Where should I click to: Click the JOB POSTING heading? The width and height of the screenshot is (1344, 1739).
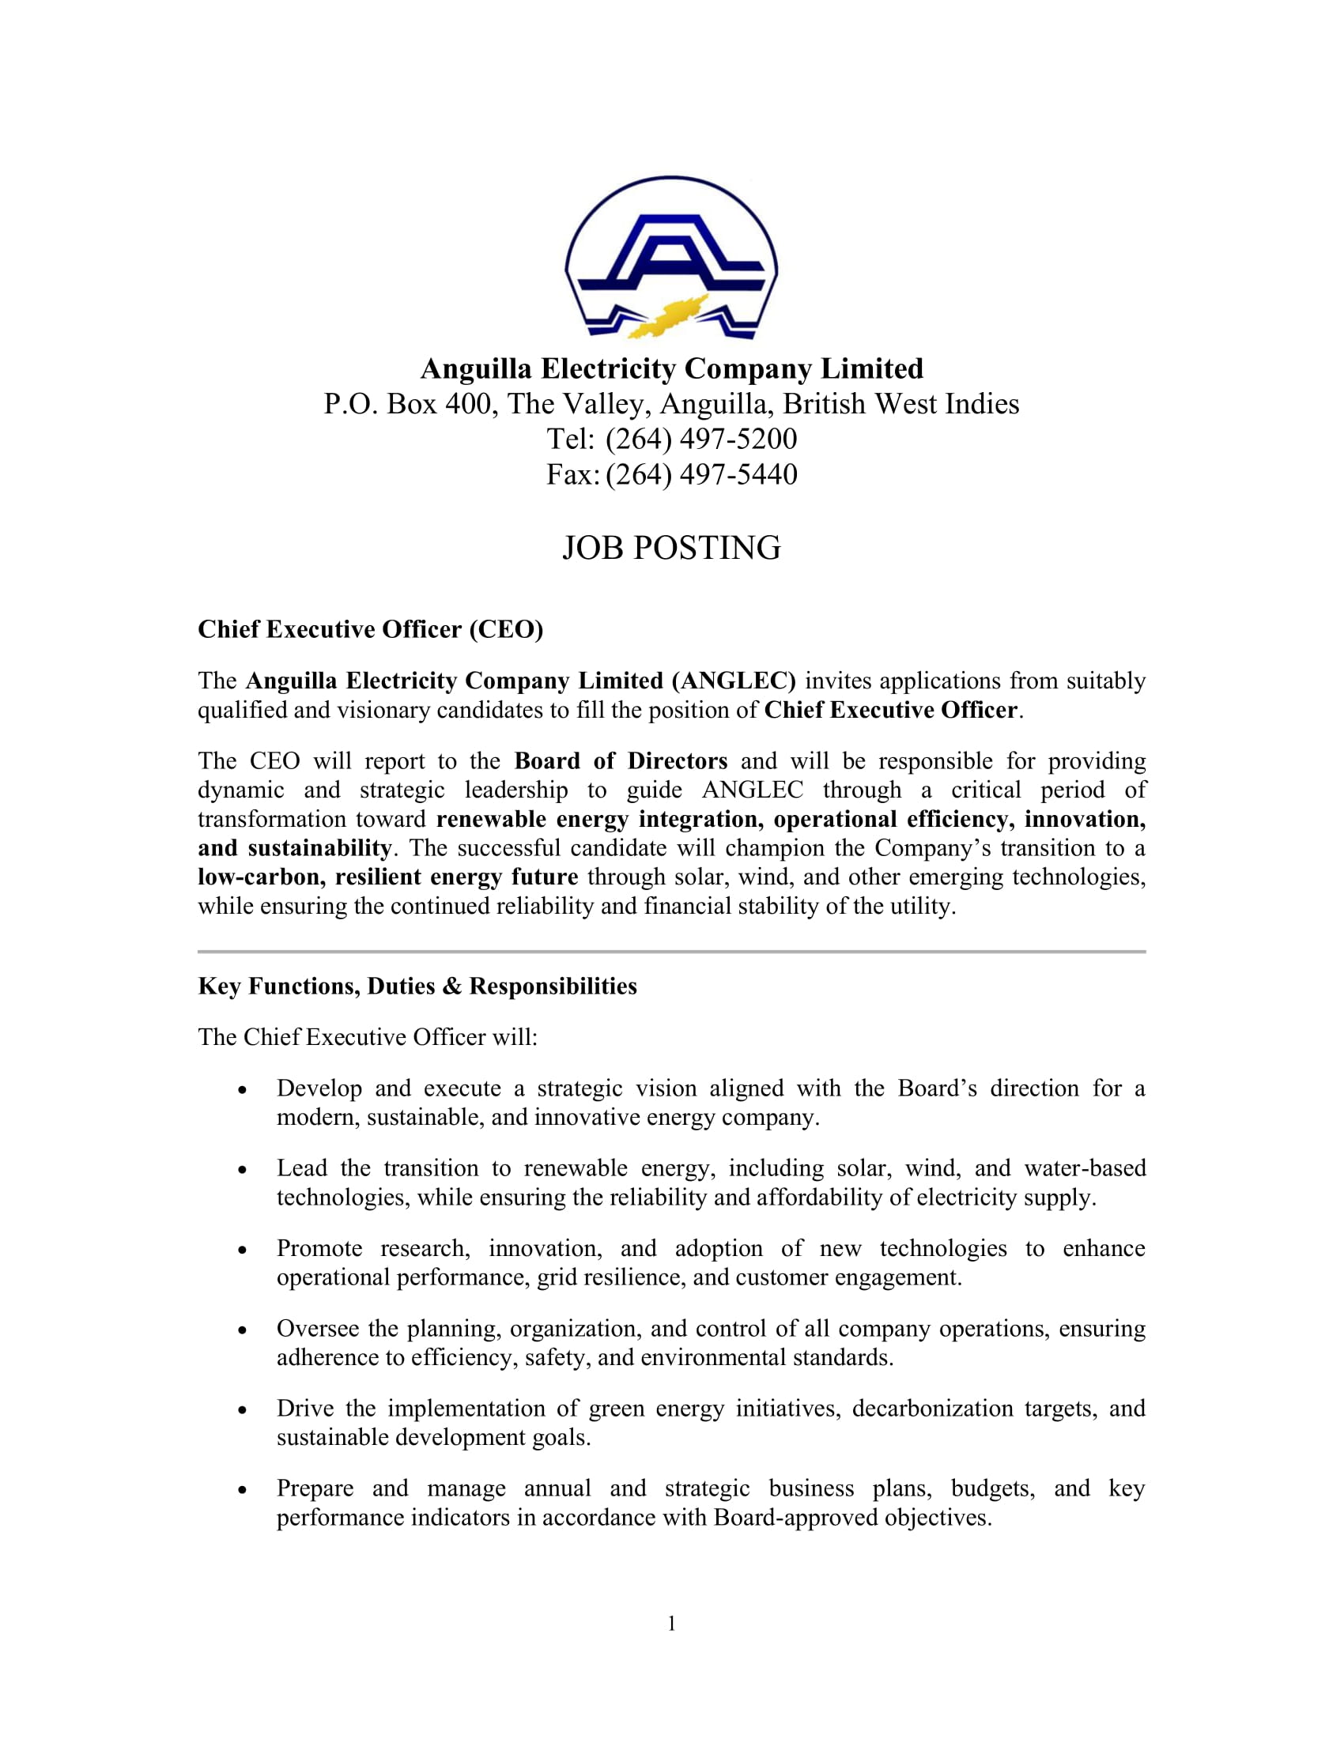tap(671, 548)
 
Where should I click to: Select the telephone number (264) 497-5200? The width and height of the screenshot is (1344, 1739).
tap(700, 439)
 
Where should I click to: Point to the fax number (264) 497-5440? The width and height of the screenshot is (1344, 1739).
tap(700, 474)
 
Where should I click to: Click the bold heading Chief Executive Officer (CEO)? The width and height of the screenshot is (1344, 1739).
tap(370, 630)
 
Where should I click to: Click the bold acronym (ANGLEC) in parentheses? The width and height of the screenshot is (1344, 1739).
tap(734, 681)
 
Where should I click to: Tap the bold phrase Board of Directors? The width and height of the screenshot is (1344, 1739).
tap(621, 761)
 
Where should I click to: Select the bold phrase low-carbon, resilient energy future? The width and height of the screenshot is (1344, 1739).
tap(387, 877)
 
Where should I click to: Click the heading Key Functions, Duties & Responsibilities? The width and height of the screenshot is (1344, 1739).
tap(417, 986)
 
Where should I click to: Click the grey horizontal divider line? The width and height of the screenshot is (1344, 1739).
tap(671, 952)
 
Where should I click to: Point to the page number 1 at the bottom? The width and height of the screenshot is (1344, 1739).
tap(671, 1624)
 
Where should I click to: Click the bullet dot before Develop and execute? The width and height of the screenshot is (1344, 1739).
tap(242, 1090)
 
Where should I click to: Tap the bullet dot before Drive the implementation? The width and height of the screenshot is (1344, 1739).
tap(242, 1410)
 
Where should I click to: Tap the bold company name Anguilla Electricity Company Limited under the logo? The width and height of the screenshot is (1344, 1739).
tap(671, 368)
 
